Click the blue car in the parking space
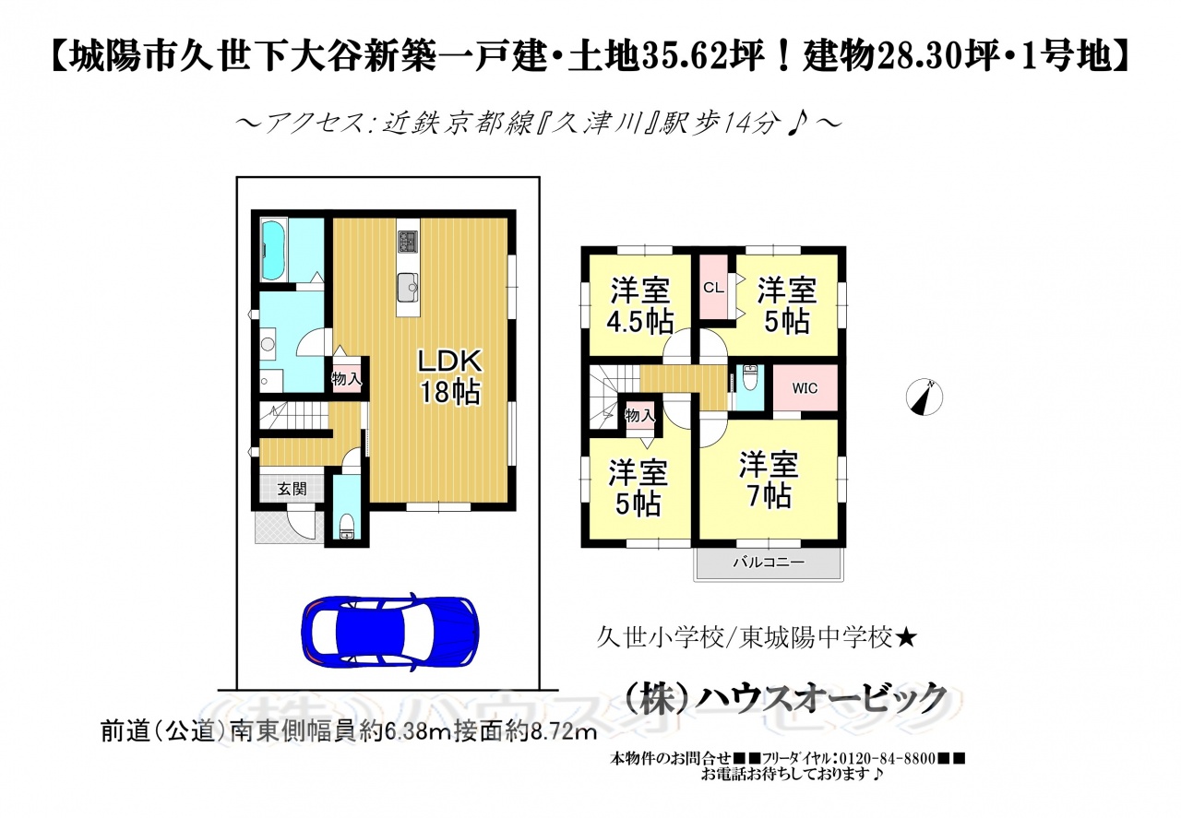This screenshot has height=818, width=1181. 390,632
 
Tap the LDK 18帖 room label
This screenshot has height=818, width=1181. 449,377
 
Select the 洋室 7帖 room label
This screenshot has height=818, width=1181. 769,480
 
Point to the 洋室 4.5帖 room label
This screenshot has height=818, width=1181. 640,305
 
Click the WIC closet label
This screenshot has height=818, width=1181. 805,388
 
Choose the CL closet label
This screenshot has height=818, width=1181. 713,288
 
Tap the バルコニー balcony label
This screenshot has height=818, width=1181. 769,563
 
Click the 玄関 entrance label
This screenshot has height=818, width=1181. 292,489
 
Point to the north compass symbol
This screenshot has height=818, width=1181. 924,397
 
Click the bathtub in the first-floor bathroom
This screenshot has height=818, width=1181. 274,250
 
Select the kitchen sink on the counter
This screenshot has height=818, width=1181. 408,288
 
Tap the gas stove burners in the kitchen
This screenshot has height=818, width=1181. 408,243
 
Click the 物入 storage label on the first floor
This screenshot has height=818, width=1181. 346,378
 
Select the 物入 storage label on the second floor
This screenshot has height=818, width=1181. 639,416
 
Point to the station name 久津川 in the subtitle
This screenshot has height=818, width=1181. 600,124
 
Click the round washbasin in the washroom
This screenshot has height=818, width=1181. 268,345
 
